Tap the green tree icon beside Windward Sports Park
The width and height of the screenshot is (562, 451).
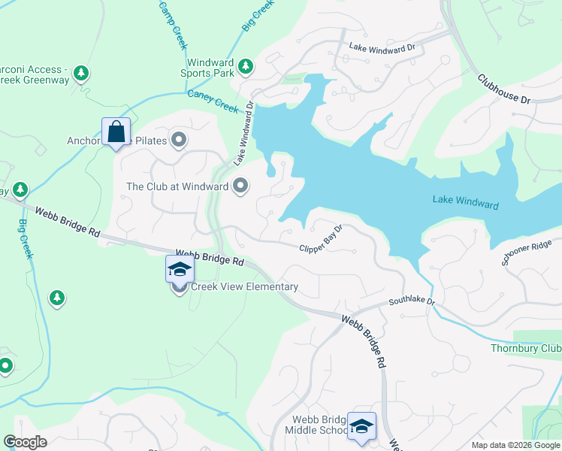245,68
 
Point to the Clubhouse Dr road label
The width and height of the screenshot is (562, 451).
504,89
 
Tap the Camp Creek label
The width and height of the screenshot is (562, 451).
173,25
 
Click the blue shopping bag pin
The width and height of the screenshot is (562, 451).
116,132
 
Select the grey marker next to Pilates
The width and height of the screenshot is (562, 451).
179,139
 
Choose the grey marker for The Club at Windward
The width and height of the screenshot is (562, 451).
240,185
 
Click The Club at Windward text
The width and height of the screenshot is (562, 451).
178,186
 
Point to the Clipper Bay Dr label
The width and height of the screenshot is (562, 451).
321,238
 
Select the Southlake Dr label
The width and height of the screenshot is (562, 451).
412,301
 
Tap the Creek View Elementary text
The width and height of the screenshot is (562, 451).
244,286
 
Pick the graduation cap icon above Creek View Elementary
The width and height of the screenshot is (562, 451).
180,269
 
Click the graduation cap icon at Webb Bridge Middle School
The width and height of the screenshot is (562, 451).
361,426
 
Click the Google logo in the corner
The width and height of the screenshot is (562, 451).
26,442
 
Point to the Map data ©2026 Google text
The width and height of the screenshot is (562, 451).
515,445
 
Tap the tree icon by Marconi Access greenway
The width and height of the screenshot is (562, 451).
81,74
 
